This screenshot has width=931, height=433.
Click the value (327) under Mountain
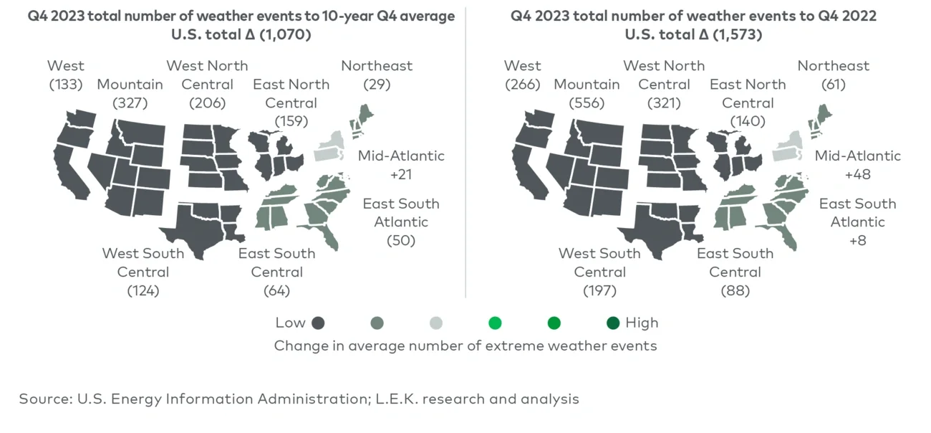click(x=130, y=103)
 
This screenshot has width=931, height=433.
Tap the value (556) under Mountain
click(x=587, y=103)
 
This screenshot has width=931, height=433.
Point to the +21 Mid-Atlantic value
click(x=401, y=174)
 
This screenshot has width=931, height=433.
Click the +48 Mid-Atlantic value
click(x=858, y=174)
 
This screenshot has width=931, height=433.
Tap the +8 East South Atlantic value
click(x=857, y=241)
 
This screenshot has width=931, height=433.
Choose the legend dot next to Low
click(x=319, y=323)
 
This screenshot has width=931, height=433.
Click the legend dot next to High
click(x=612, y=323)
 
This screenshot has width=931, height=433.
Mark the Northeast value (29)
click(x=377, y=84)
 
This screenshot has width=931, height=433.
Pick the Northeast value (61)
click(x=833, y=84)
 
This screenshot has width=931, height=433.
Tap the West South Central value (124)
click(x=143, y=290)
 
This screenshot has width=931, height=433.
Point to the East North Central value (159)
click(x=291, y=121)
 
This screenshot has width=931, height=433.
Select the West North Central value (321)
click(x=664, y=103)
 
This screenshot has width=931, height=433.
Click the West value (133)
click(x=66, y=84)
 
